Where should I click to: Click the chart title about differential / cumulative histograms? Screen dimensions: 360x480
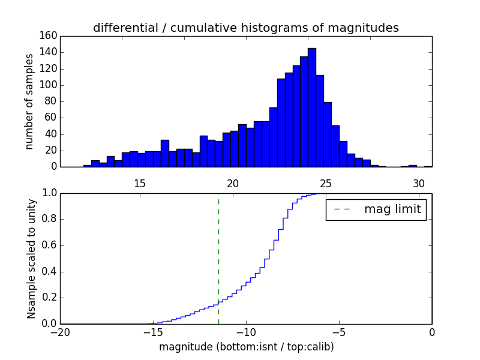(x=245, y=28)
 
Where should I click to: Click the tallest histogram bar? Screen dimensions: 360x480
(x=311, y=108)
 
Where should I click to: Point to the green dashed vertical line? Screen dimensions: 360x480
(x=218, y=258)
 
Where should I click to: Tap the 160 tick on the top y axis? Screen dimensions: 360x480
(x=50, y=36)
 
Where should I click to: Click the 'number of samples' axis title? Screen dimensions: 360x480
(x=29, y=101)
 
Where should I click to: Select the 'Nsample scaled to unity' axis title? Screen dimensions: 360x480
(x=31, y=258)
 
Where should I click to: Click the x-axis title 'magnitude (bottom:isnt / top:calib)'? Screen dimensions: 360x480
(x=246, y=347)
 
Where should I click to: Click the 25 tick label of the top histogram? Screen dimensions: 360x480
(x=326, y=184)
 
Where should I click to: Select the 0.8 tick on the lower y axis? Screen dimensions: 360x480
(x=49, y=219)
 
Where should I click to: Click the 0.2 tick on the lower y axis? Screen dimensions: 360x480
(x=49, y=298)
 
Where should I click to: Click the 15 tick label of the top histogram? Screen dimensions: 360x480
(x=139, y=184)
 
